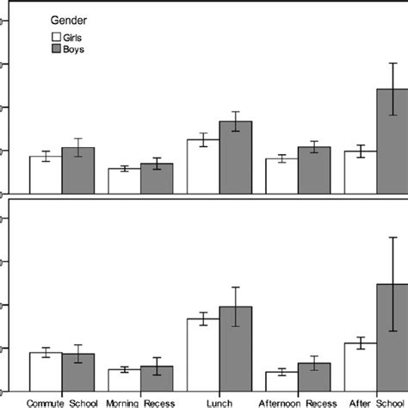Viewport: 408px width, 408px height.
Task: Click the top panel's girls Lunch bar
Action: (203, 167)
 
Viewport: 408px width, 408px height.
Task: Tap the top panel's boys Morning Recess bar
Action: (157, 179)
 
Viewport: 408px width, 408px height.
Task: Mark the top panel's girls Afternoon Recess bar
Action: (281, 176)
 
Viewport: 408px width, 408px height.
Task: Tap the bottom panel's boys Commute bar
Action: (77, 374)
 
